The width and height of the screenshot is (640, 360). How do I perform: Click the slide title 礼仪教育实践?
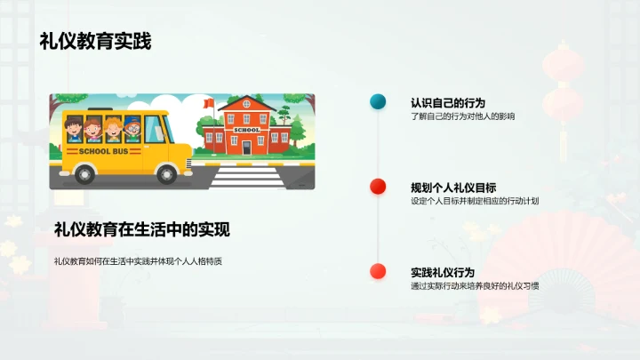click(95, 41)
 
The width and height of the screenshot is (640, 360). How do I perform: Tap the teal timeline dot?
click(377, 101)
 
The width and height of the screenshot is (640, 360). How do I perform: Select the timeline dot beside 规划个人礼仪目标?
click(377, 186)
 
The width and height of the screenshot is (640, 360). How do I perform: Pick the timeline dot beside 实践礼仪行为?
click(377, 271)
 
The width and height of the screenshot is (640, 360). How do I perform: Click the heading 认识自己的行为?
click(448, 102)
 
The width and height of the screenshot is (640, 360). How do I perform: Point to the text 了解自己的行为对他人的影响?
click(462, 116)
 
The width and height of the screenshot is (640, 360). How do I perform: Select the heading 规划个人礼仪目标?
click(453, 187)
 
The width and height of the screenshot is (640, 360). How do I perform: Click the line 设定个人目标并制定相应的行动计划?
click(475, 201)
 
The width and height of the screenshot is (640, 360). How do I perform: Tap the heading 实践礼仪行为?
click(442, 272)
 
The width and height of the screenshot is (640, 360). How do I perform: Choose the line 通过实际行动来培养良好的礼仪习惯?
click(475, 286)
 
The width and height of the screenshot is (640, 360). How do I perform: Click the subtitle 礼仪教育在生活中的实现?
click(142, 229)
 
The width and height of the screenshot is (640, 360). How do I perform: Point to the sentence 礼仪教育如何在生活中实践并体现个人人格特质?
click(138, 260)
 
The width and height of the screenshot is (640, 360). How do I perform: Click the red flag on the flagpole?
click(209, 103)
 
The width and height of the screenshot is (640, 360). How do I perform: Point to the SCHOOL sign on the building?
click(247, 130)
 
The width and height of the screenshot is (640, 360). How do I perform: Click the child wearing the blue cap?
click(132, 130)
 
